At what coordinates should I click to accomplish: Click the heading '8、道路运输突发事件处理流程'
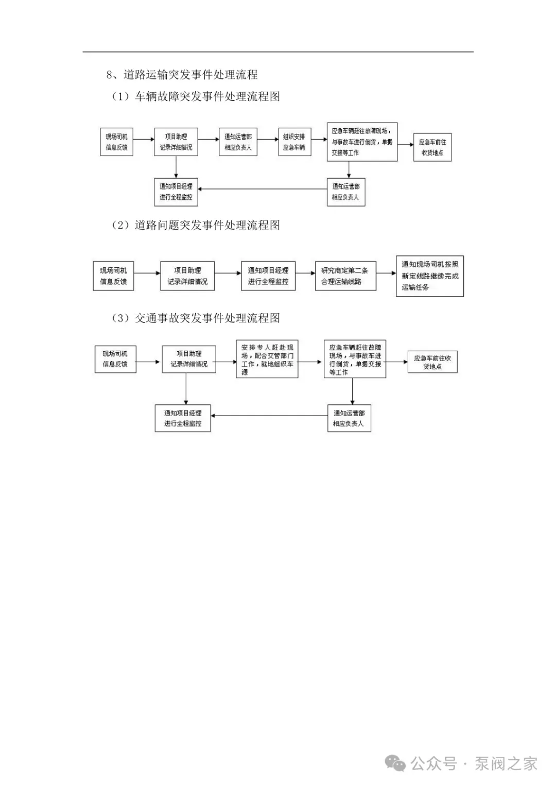[x=182, y=75]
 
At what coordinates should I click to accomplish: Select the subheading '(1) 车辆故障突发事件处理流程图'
[x=196, y=97]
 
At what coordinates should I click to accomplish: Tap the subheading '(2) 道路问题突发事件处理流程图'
[x=196, y=226]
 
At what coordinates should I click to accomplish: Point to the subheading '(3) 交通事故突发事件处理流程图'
[x=196, y=318]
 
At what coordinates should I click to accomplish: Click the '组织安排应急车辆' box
[x=294, y=142]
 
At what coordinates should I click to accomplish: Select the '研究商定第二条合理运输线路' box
[x=345, y=276]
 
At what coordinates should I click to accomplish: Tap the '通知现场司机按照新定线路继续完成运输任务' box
[x=429, y=276]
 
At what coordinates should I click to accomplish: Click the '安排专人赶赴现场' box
[x=267, y=359]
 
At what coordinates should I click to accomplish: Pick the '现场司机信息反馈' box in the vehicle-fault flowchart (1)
[x=116, y=142]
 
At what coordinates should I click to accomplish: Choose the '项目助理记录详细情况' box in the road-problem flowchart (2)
[x=187, y=276]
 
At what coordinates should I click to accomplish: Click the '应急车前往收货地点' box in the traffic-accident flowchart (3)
[x=432, y=362]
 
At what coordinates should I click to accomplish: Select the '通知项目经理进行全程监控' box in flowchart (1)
[x=176, y=192]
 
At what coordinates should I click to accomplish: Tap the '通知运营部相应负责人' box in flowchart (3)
[x=349, y=418]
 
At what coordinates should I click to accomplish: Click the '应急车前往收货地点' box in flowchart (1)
[x=432, y=147]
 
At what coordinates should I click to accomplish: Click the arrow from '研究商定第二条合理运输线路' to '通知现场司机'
[x=386, y=274]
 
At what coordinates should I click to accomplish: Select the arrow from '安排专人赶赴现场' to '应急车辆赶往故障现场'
[x=310, y=362]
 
